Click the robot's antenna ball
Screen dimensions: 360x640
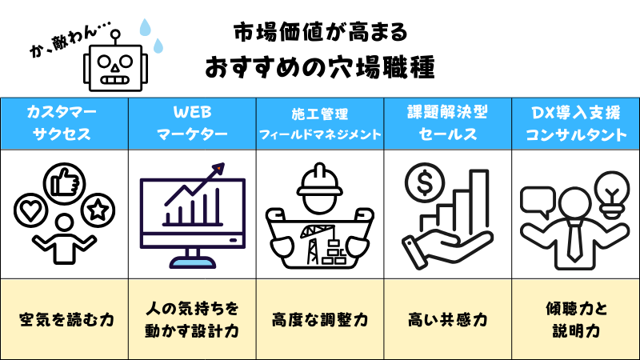coord(117,34)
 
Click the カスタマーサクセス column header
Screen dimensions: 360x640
coord(64,122)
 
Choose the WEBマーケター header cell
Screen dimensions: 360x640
coord(192,122)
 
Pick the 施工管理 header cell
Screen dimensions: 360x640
coord(320,122)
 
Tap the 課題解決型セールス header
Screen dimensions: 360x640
coord(448,122)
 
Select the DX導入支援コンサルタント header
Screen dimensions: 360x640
coord(576,122)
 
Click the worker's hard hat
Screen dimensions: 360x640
coord(320,181)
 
